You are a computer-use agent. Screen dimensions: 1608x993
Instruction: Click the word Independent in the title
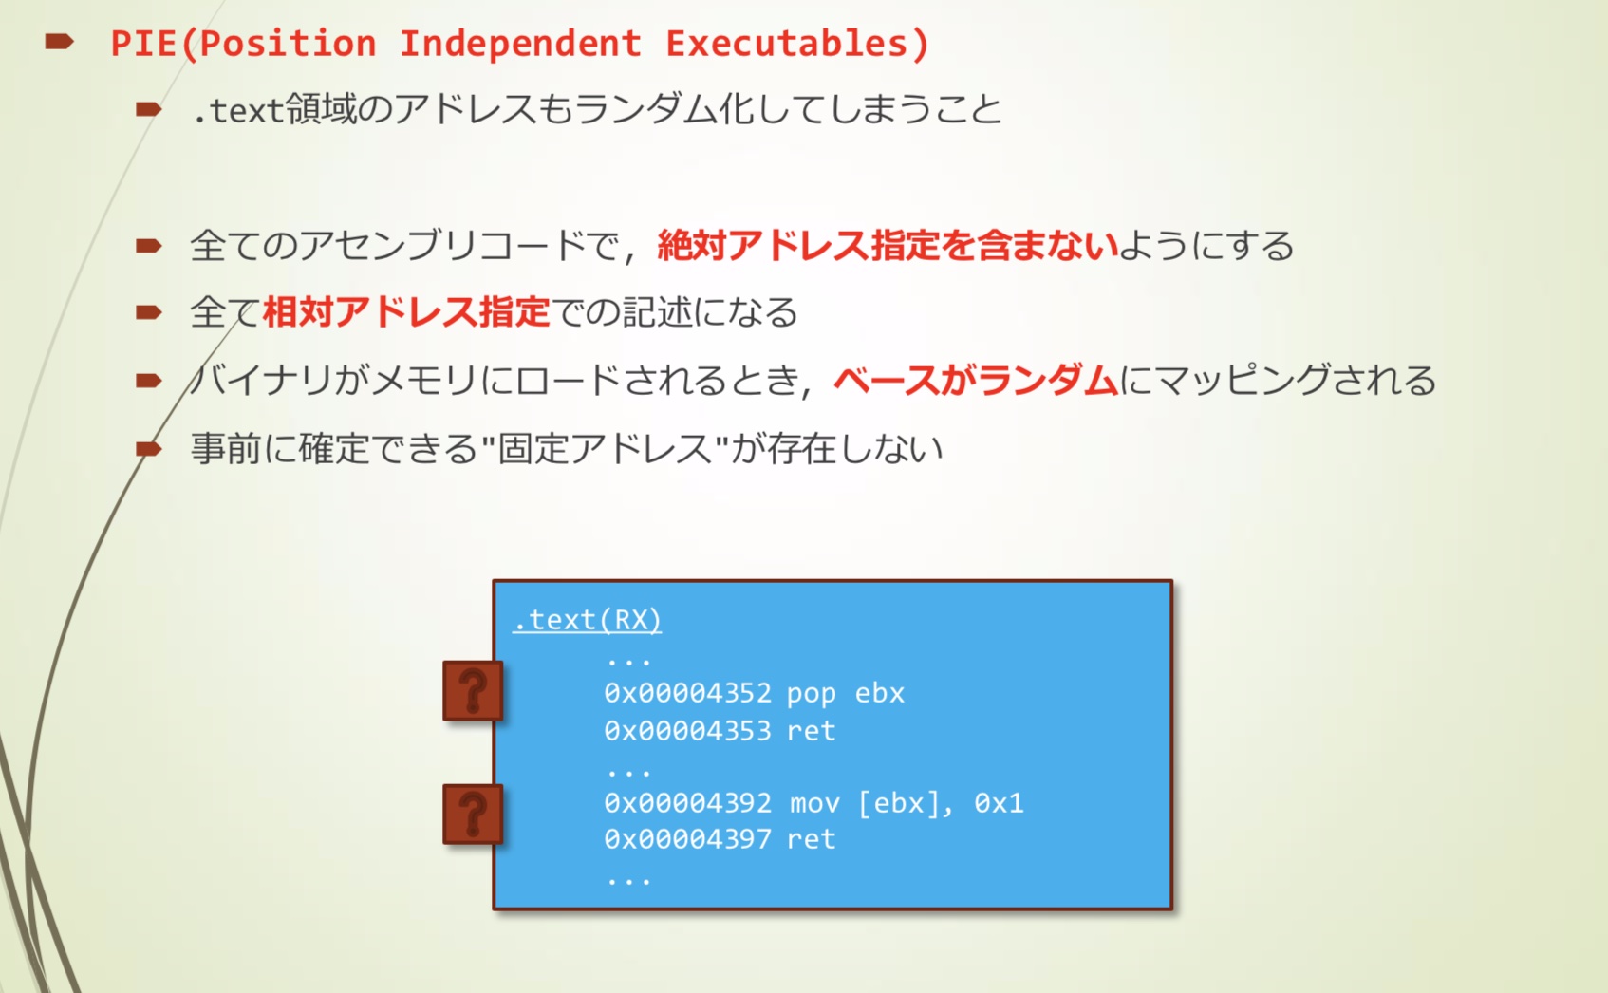click(520, 43)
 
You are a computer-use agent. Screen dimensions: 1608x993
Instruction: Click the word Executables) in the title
click(797, 44)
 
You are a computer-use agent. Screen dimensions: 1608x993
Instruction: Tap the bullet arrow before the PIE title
click(59, 42)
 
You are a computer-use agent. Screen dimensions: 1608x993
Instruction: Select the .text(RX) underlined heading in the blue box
click(588, 620)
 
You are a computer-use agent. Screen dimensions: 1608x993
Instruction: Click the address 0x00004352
click(687, 693)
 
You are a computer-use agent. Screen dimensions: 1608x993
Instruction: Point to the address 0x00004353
click(687, 731)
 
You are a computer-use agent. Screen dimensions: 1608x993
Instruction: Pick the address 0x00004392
click(687, 803)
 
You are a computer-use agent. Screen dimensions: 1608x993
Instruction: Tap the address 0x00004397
click(687, 838)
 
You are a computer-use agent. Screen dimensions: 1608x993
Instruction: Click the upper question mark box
click(473, 691)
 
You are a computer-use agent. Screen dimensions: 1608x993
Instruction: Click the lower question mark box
click(473, 815)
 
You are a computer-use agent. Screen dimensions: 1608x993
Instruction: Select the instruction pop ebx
click(846, 694)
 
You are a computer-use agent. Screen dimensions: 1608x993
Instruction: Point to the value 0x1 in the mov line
click(999, 803)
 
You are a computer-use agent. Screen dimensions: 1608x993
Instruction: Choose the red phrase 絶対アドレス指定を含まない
click(888, 246)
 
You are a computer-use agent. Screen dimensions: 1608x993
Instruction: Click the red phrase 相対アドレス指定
click(406, 312)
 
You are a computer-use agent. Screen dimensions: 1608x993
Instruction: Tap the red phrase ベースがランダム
click(976, 380)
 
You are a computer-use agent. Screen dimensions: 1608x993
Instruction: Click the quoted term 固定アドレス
click(606, 448)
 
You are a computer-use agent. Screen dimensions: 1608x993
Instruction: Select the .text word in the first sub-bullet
click(238, 110)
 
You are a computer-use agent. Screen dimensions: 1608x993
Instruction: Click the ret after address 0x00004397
click(812, 838)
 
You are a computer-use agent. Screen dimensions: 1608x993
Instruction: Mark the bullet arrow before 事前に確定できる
click(149, 449)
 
